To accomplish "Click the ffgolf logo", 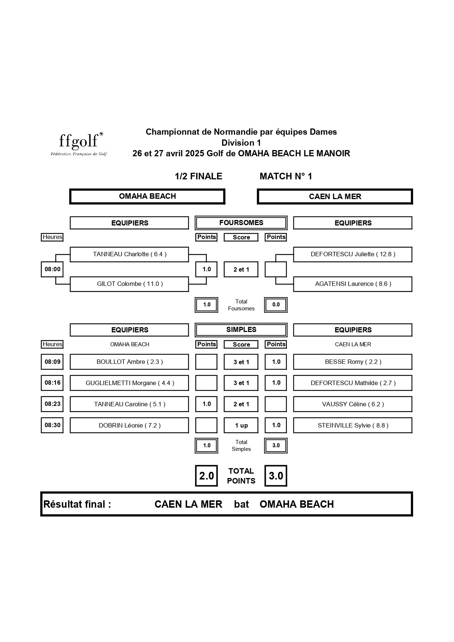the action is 79,144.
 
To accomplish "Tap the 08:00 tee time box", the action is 52,269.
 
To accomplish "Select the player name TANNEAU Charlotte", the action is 130,254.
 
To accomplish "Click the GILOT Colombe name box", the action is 130,284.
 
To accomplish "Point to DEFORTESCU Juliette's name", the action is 353,254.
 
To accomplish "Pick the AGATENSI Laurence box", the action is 353,284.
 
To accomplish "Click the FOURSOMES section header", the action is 241,223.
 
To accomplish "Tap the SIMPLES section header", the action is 241,330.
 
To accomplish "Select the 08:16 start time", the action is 52,383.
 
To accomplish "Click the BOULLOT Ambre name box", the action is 130,362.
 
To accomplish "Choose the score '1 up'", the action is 241,425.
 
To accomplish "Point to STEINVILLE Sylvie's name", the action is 353,425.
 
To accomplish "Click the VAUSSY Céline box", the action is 353,404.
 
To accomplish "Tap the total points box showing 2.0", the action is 206,476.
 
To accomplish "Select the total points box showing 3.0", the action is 276,476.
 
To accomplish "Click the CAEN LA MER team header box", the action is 335,197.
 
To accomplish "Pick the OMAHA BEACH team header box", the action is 147,197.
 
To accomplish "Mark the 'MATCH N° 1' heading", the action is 286,176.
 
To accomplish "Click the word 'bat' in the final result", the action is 241,504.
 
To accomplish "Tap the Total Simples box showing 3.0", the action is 276,445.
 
